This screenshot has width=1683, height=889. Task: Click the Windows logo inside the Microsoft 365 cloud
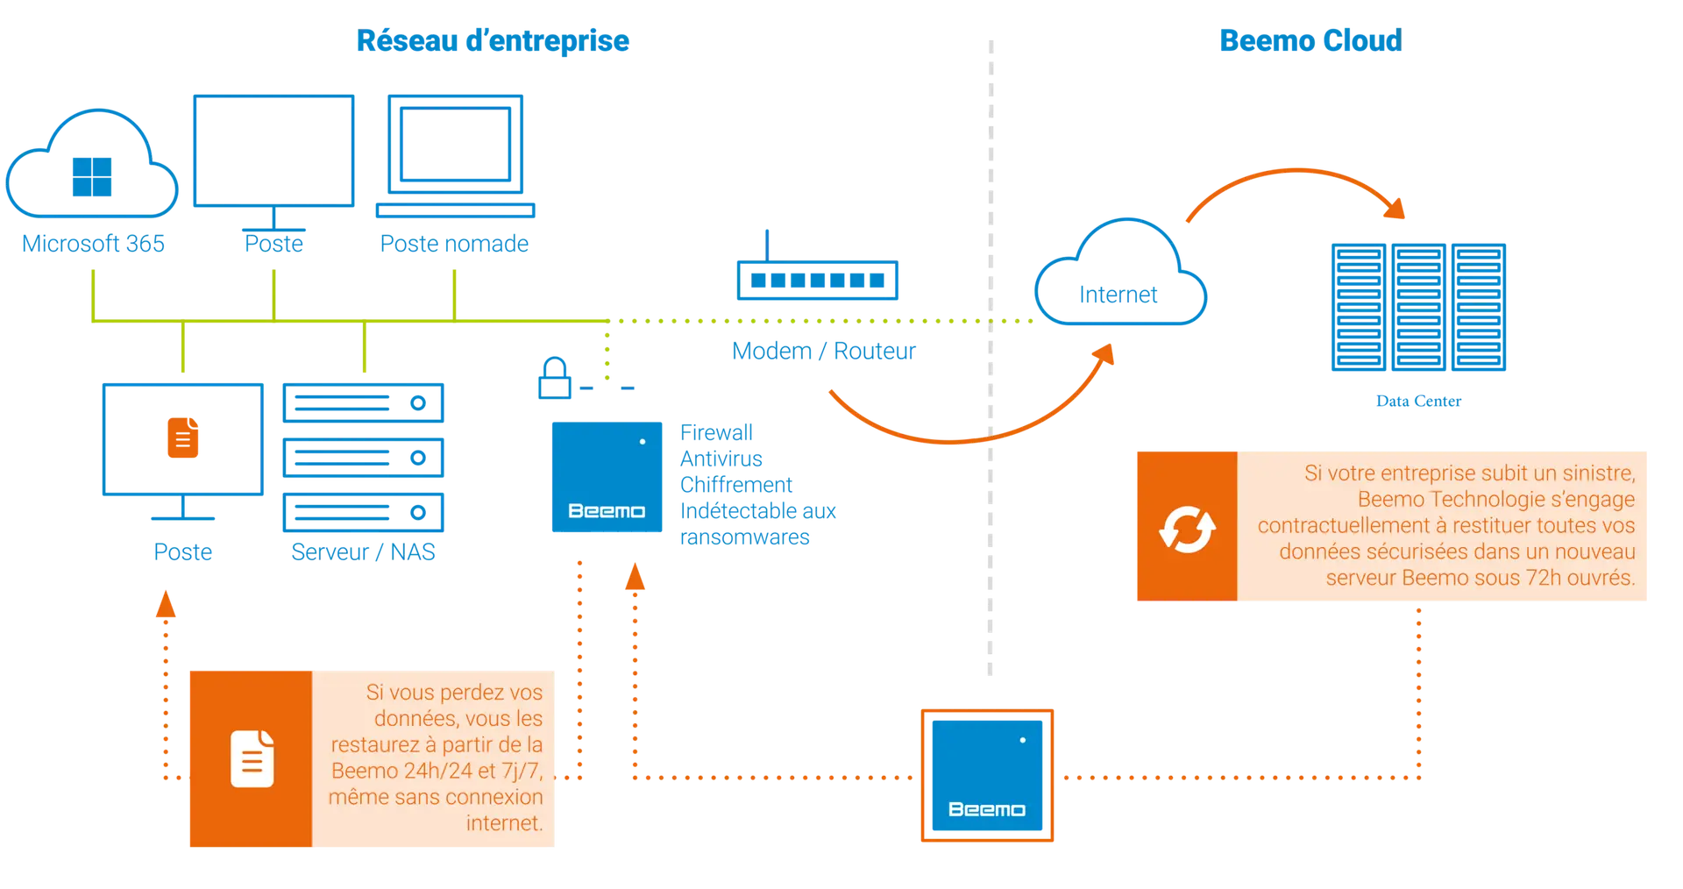tap(92, 177)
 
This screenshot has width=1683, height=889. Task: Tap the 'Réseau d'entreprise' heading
tap(493, 40)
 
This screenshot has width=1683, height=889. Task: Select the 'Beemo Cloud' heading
tap(1310, 40)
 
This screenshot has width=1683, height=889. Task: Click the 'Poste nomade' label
tap(454, 244)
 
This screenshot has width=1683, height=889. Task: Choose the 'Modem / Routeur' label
tap(824, 351)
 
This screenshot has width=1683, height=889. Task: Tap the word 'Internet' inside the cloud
tap(1118, 295)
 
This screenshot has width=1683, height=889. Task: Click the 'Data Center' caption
tap(1418, 401)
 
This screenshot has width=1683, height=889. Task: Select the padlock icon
tap(555, 378)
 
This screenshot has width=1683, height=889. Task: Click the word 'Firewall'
tap(716, 432)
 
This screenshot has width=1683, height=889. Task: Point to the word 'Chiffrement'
tap(736, 485)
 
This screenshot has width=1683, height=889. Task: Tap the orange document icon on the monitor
tap(183, 437)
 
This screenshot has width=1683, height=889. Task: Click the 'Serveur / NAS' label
tap(363, 552)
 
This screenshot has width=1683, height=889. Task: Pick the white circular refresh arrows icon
tap(1187, 529)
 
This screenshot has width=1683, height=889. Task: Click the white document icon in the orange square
tap(252, 758)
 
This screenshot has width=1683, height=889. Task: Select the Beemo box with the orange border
tap(987, 775)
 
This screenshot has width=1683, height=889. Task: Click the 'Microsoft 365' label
tap(93, 244)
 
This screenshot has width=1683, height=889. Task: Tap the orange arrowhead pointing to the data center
tap(1395, 208)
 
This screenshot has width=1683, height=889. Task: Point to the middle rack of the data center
tap(1418, 307)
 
